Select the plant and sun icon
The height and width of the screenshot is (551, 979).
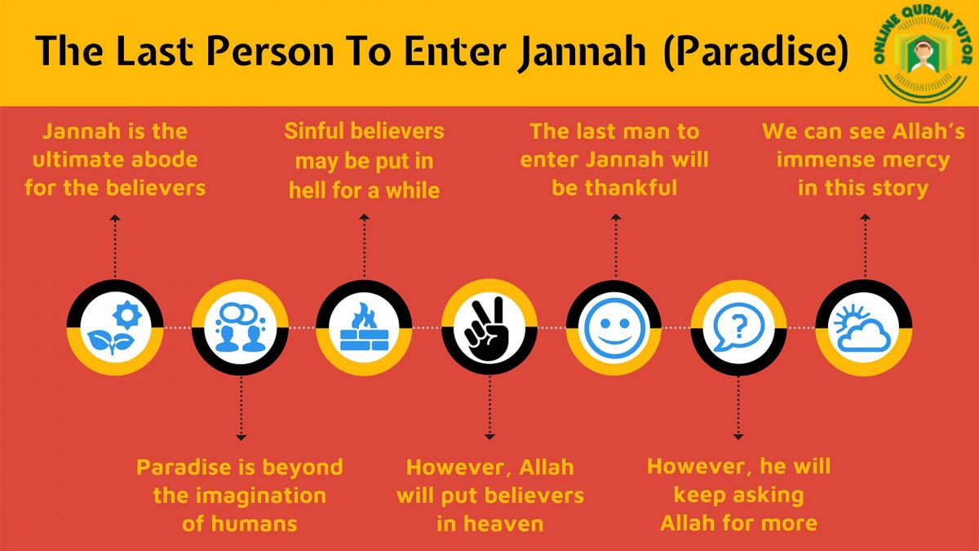pos(114,327)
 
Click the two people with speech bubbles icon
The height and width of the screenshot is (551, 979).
pos(240,327)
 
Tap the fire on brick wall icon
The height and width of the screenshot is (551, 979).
pos(364,327)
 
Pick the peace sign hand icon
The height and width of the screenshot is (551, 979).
pos(489,327)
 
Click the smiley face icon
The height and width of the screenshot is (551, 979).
pos(614,327)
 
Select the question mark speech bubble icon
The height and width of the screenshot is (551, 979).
pos(738,327)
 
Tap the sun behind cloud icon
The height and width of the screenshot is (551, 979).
pos(863,327)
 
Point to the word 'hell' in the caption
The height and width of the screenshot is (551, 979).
pos(307,190)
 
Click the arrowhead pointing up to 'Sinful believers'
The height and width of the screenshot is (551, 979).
pos(364,217)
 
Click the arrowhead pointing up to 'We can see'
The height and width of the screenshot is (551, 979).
pos(864,217)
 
